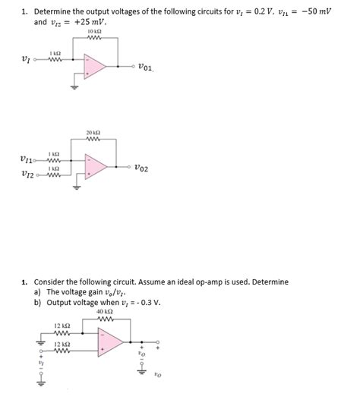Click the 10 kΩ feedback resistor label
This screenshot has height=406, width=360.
tap(94, 31)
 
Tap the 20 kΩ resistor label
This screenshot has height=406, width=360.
tap(95, 131)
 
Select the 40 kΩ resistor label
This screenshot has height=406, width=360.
tap(105, 312)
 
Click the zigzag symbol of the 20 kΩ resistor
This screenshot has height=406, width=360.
tap(95, 139)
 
